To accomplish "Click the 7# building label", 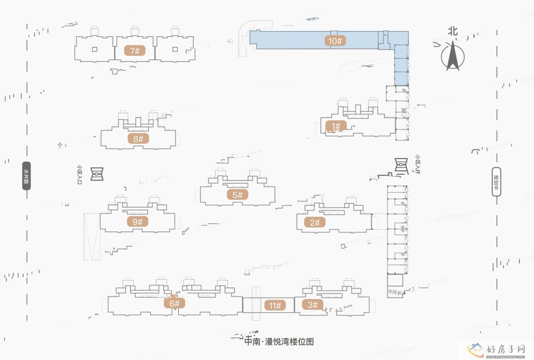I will (135, 50).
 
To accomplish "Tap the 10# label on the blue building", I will (335, 41).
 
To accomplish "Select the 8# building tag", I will (138, 139).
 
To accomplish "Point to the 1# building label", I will (336, 126).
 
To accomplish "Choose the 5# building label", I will (237, 195).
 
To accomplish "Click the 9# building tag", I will (137, 221).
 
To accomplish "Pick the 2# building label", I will (315, 222).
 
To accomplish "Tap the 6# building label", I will (174, 303).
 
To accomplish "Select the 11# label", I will (275, 305).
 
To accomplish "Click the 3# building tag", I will (312, 304).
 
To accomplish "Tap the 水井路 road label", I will (26, 176).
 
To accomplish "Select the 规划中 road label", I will (496, 182).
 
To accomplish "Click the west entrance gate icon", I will (97, 174).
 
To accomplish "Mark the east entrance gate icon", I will (401, 166).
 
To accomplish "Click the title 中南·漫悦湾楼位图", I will (279, 341).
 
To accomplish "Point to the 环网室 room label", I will (395, 292).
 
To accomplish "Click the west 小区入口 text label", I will (80, 175).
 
